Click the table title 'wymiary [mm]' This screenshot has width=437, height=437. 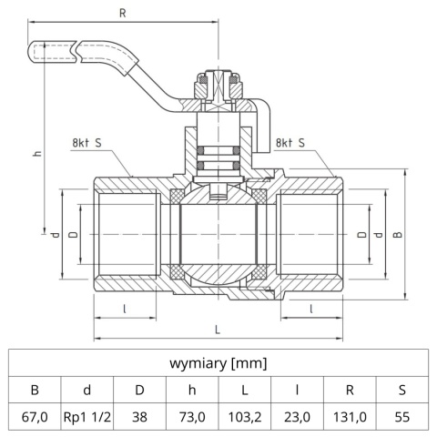(x=218, y=363)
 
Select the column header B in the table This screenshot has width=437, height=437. (x=36, y=391)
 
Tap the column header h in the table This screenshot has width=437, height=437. (x=192, y=391)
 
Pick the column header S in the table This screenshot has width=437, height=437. (x=401, y=391)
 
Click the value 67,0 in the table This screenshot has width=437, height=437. (x=36, y=418)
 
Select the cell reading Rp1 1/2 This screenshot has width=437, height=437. (x=87, y=418)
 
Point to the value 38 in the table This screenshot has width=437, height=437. (x=140, y=418)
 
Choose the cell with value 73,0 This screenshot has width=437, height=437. (x=192, y=418)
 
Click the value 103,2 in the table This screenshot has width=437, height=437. (x=244, y=418)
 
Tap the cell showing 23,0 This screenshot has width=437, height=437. (x=297, y=418)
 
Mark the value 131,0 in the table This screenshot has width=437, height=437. (x=349, y=418)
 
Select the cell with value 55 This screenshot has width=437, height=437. (x=401, y=418)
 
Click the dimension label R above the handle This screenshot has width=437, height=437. (x=123, y=13)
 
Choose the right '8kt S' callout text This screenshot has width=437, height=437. (x=289, y=143)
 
